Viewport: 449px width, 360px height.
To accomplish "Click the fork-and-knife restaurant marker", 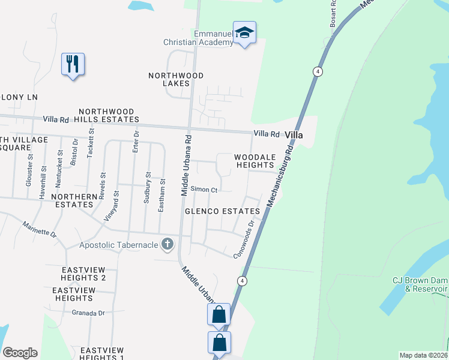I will (73, 64).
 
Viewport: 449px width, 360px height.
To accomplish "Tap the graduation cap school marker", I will (244, 32).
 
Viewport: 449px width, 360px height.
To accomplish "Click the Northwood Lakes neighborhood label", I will (176, 79).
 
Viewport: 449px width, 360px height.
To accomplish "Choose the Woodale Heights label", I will (255, 161).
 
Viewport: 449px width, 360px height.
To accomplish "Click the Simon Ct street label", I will (203, 190).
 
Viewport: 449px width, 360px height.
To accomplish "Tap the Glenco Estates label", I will (222, 211).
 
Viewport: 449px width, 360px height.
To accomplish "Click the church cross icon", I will (167, 244).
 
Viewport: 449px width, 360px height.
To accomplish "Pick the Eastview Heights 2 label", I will (83, 273).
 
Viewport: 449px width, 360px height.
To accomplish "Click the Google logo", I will (20, 353).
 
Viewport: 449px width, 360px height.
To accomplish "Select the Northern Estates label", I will (74, 200).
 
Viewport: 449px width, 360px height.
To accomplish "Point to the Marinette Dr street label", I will (39, 229).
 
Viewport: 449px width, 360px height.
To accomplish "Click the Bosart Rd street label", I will (334, 12).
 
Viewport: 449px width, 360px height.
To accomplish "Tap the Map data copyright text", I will (423, 355).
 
